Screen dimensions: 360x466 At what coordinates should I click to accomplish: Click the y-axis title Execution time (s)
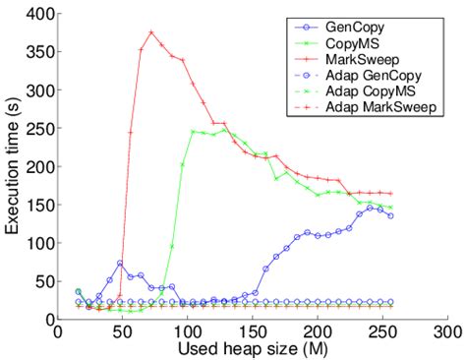pos(13,167)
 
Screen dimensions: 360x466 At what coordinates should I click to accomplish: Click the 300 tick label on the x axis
pos(448,332)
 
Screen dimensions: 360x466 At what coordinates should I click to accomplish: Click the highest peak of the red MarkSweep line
pos(151,31)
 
